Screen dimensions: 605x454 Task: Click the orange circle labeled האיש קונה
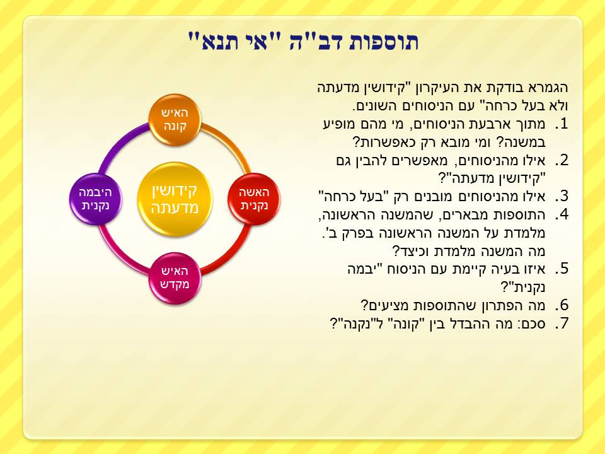tap(175, 120)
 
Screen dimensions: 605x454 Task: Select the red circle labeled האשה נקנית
tap(254, 199)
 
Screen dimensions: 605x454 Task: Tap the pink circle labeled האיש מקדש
tap(175, 278)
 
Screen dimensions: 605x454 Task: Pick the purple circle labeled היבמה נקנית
tap(96, 199)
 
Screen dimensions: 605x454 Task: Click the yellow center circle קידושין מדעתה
tap(175, 199)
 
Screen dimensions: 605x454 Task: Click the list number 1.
tap(562, 124)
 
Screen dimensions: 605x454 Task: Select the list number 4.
tap(562, 214)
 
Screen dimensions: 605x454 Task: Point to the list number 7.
tap(562, 323)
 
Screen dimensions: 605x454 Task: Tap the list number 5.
tap(562, 269)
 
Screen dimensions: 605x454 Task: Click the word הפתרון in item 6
tap(495, 306)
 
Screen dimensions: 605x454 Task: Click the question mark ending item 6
tap(365, 305)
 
